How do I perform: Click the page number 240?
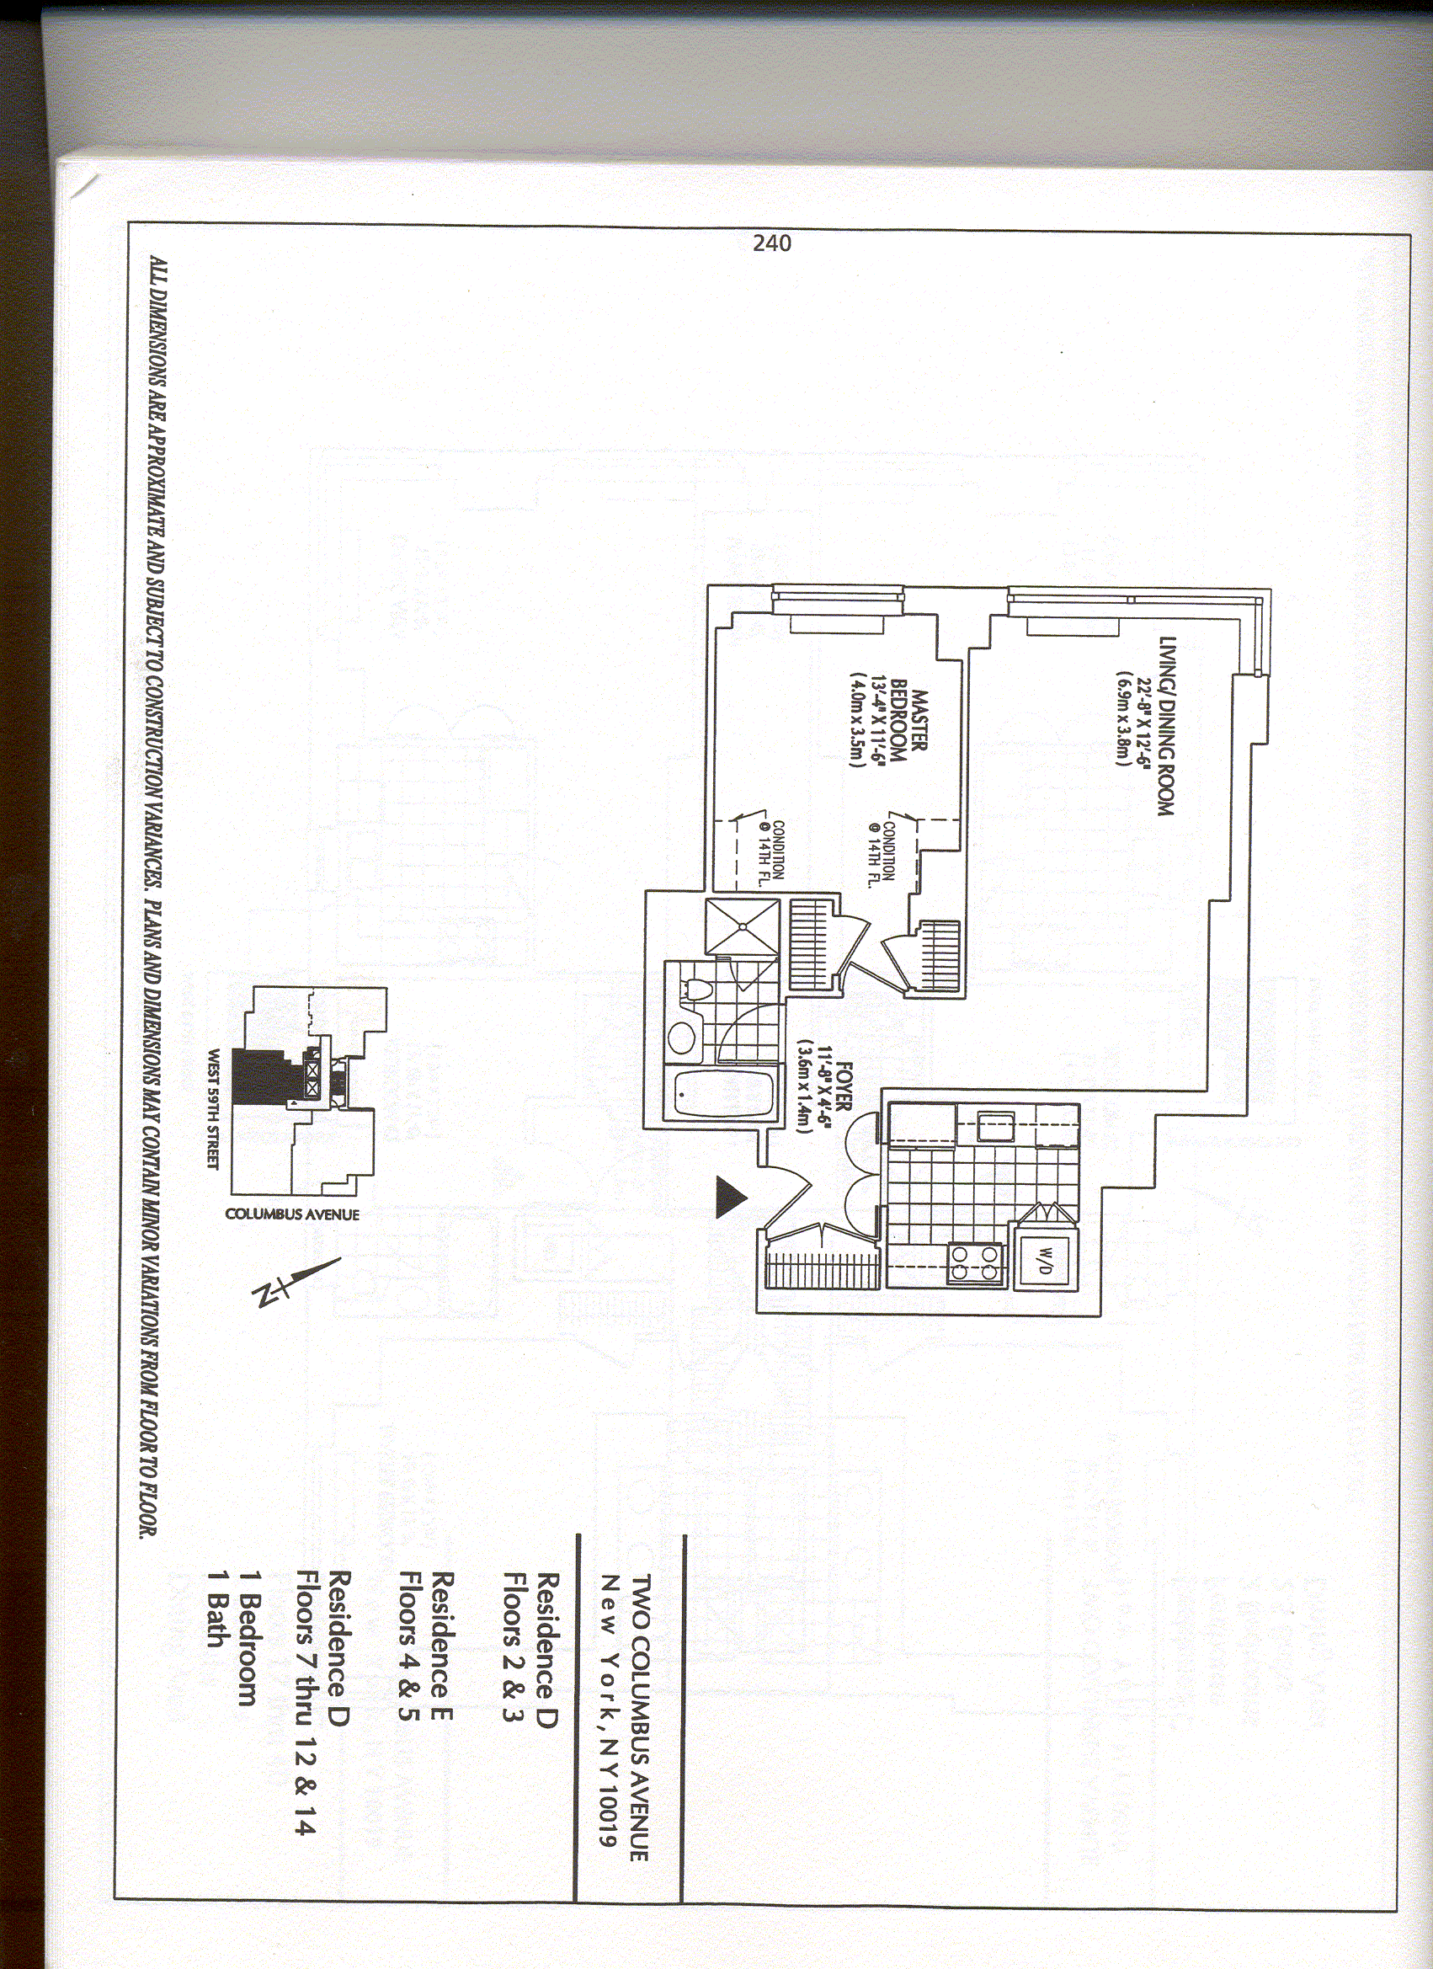point(771,243)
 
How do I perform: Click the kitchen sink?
point(994,1126)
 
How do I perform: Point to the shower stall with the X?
point(743,926)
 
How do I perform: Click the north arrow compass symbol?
point(296,1283)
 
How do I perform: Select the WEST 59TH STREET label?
point(213,1110)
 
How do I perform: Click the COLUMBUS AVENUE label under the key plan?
point(291,1214)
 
